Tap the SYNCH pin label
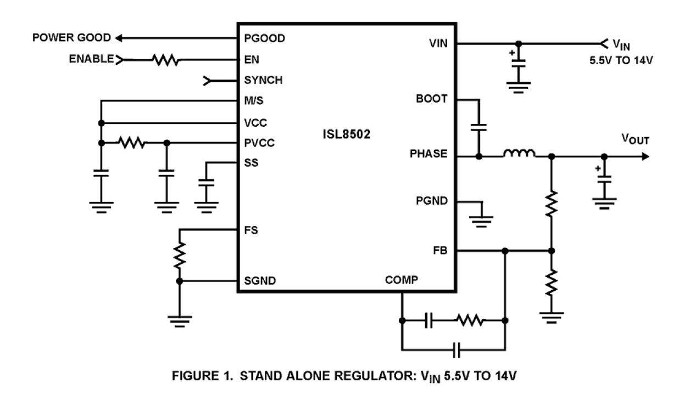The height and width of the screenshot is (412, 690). click(263, 81)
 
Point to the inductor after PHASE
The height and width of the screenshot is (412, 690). click(518, 155)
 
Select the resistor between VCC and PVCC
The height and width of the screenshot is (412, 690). click(133, 143)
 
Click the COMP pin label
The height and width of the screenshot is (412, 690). click(402, 279)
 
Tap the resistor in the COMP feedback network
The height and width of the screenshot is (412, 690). click(470, 320)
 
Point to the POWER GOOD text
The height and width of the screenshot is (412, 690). click(72, 38)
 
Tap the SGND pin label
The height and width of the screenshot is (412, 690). click(260, 281)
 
